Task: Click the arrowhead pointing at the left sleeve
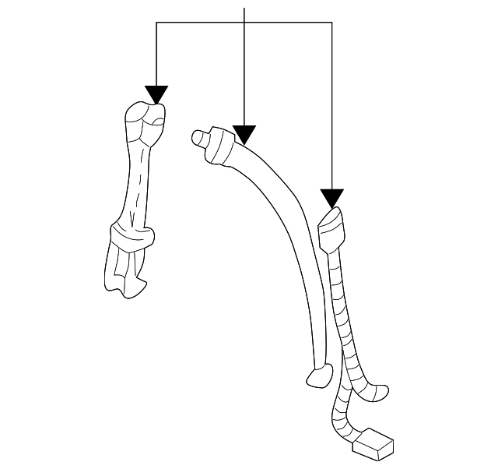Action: pyautogui.click(x=156, y=94)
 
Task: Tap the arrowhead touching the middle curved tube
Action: pyautogui.click(x=244, y=136)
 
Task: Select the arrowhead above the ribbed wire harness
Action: pyautogui.click(x=332, y=198)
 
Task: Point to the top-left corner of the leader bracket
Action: pyautogui.click(x=156, y=23)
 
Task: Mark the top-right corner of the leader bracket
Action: pyautogui.click(x=332, y=23)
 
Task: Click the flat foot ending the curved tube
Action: pyautogui.click(x=317, y=377)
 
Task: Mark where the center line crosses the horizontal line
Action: pyautogui.click(x=244, y=23)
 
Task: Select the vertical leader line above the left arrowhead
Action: pyautogui.click(x=156, y=55)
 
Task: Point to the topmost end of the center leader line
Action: pyautogui.click(x=244, y=9)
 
